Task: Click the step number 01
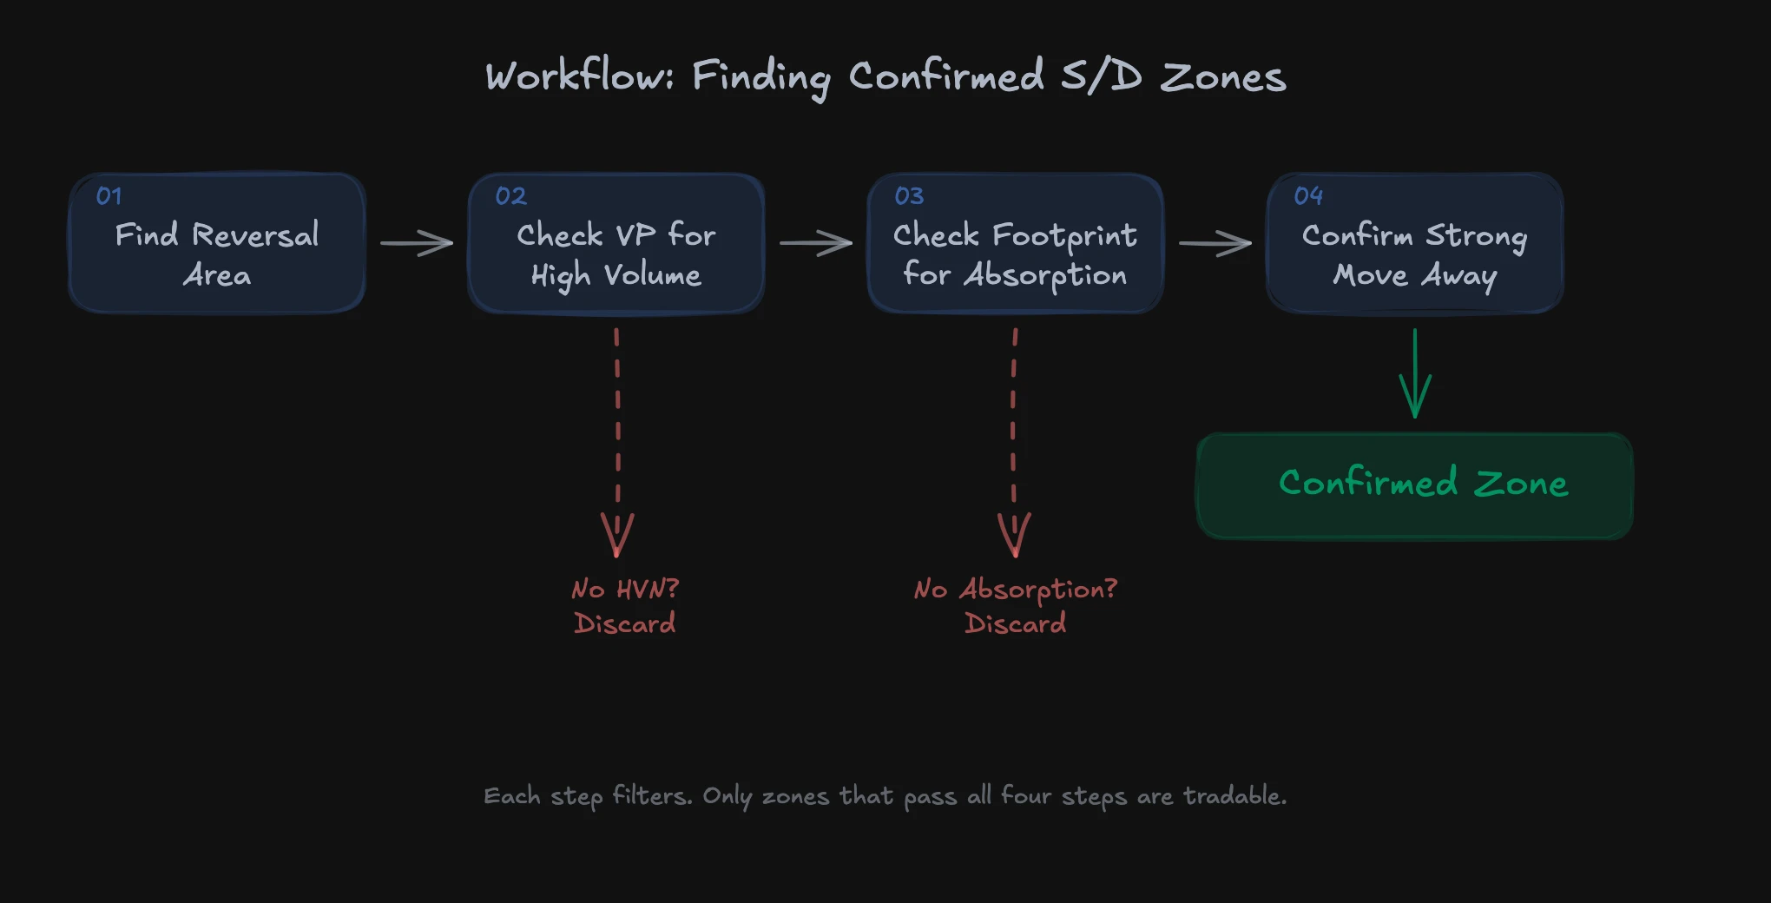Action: click(x=109, y=196)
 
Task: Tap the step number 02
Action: click(x=510, y=196)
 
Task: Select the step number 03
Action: click(x=909, y=196)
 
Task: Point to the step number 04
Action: click(x=1308, y=196)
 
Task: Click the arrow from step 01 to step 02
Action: click(x=417, y=243)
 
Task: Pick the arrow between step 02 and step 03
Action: click(x=816, y=243)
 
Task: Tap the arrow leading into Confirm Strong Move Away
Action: click(x=1215, y=243)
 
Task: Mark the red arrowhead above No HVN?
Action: click(x=617, y=535)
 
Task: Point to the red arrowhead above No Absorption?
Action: click(x=1014, y=535)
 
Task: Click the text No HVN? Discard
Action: click(x=625, y=606)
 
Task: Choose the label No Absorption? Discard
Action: click(x=1015, y=606)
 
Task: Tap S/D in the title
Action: click(x=1101, y=76)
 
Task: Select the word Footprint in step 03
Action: click(x=1064, y=236)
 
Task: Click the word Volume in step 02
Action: click(x=653, y=276)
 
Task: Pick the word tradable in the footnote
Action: click(x=1234, y=795)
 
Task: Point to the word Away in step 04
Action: click(x=1458, y=276)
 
